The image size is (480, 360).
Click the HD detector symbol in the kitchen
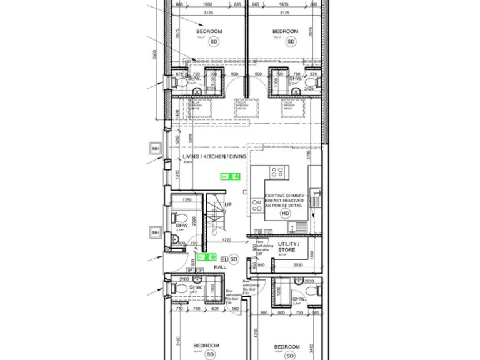coord(286,213)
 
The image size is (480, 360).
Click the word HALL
coord(220,267)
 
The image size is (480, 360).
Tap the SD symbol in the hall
coord(234,258)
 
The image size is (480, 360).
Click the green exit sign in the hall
coord(206,257)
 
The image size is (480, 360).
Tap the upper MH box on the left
coord(156,149)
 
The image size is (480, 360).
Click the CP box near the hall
coord(200,271)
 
